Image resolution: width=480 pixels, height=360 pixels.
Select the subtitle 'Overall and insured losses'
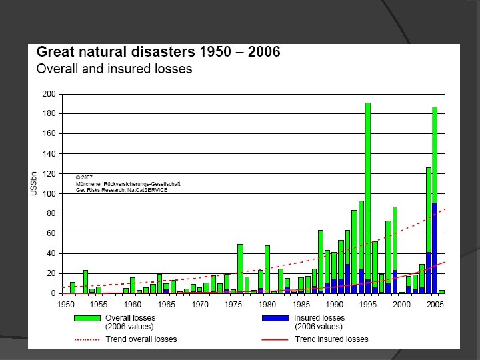(x=114, y=69)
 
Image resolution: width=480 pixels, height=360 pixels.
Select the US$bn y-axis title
(x=34, y=183)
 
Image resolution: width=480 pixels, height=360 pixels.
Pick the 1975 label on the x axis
(x=233, y=305)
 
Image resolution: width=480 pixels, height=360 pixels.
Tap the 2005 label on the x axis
(x=435, y=305)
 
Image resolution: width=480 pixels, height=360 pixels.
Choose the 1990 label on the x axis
(x=334, y=305)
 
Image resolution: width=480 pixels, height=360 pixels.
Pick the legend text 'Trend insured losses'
(x=331, y=339)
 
